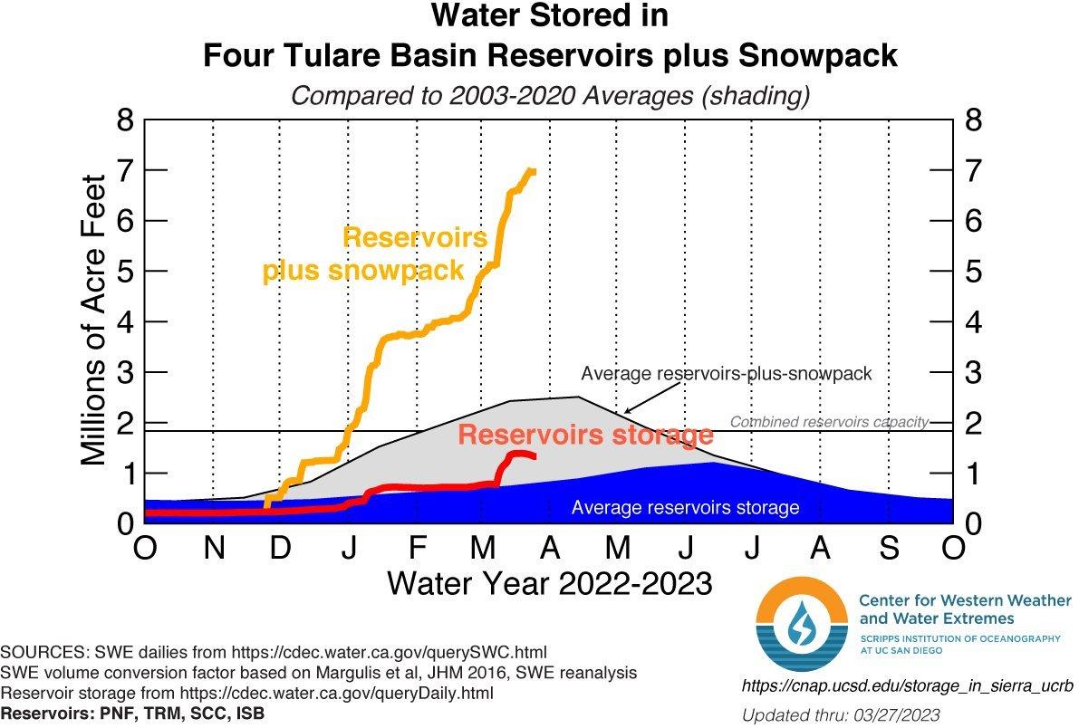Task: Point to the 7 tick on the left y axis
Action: pyautogui.click(x=124, y=170)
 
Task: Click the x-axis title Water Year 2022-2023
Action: pyautogui.click(x=549, y=583)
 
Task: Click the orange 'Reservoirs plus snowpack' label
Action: pyautogui.click(x=375, y=254)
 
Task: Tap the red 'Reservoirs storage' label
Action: pyautogui.click(x=585, y=435)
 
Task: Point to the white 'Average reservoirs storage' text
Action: pyautogui.click(x=685, y=508)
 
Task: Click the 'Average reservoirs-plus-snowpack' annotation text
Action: pyautogui.click(x=726, y=374)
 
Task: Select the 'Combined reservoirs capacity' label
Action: pyautogui.click(x=829, y=422)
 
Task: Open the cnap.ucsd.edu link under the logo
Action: pyautogui.click(x=907, y=686)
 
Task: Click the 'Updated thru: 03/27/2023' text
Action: pyautogui.click(x=841, y=715)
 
